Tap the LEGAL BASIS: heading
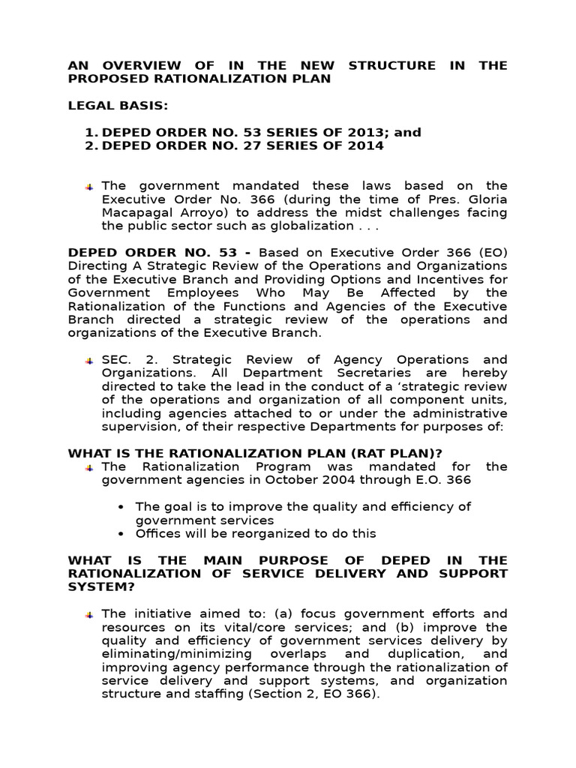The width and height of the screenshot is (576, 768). coord(105,105)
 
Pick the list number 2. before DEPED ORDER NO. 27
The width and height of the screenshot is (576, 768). coord(91,145)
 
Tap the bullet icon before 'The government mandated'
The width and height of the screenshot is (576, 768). coord(89,186)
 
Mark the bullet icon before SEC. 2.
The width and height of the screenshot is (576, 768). coord(89,360)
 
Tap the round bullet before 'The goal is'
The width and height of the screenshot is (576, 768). coord(121,507)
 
